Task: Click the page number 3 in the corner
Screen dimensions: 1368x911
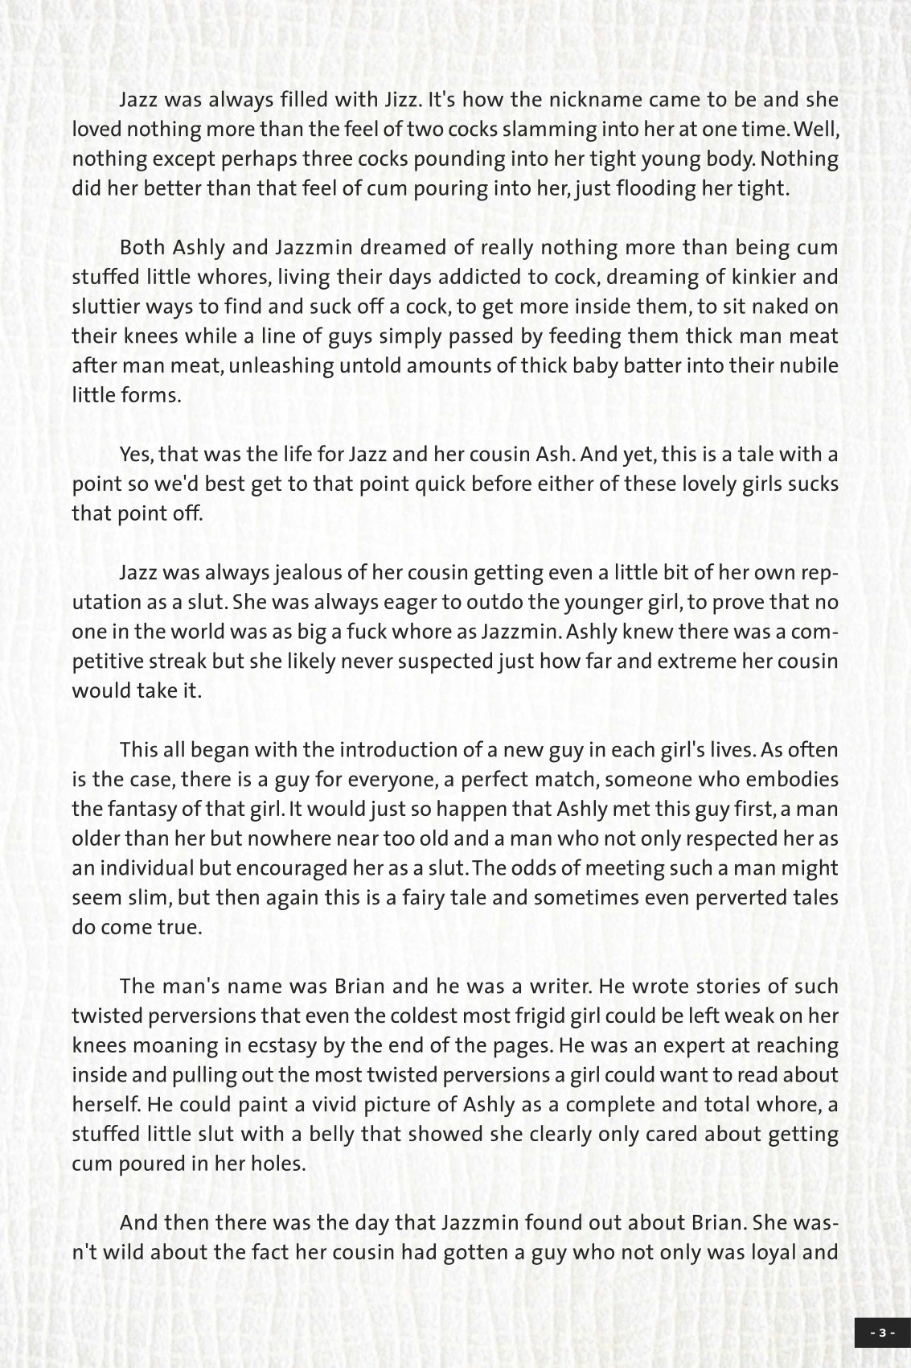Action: point(881,1333)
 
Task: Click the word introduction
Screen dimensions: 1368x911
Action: point(397,750)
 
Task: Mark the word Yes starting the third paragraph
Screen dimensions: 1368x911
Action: point(136,455)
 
